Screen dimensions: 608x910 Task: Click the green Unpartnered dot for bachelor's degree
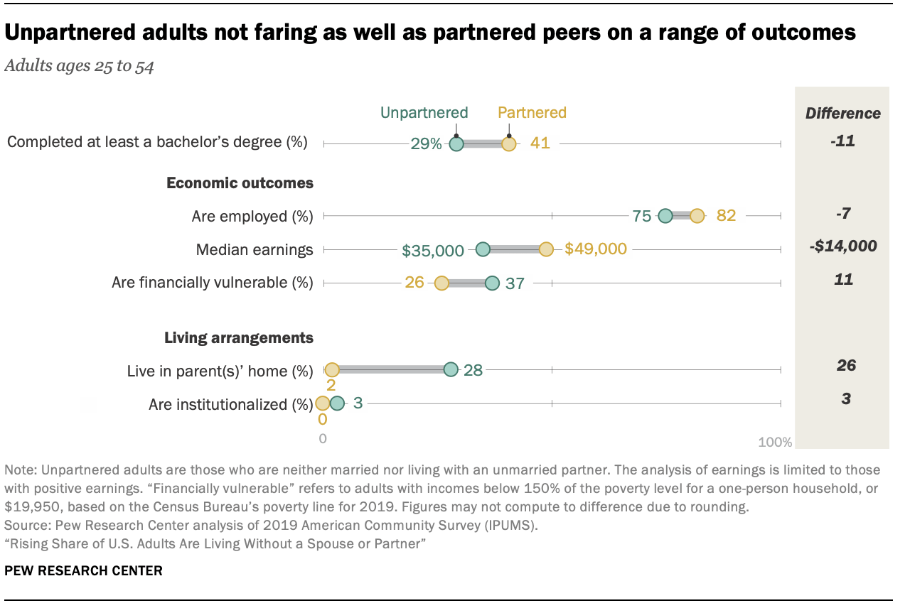(x=456, y=144)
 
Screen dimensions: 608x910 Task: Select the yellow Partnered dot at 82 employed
(x=697, y=216)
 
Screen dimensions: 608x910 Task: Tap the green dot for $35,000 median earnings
(x=483, y=249)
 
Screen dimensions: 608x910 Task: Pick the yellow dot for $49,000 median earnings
(x=546, y=249)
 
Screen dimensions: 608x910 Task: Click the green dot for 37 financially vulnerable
(x=492, y=283)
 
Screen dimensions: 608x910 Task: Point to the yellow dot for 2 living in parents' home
(x=332, y=369)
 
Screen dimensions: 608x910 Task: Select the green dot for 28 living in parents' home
(x=451, y=369)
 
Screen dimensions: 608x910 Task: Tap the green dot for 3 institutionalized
(x=337, y=403)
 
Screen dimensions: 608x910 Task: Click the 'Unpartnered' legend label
(x=424, y=112)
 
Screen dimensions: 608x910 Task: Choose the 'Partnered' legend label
(x=532, y=112)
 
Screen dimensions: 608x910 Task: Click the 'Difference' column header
(x=842, y=113)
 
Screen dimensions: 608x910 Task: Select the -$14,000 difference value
(x=842, y=246)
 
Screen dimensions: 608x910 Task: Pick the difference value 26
(x=846, y=366)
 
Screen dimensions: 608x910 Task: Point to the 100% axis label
(x=775, y=443)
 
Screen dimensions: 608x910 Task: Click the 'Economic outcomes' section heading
(x=240, y=183)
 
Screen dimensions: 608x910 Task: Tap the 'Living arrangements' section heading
(x=239, y=337)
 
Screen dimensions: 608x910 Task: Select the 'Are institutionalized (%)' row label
(x=230, y=405)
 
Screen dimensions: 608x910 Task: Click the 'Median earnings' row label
(x=255, y=249)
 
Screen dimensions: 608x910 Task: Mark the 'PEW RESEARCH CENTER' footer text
(x=83, y=570)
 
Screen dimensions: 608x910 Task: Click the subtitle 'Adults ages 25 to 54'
(x=80, y=66)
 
